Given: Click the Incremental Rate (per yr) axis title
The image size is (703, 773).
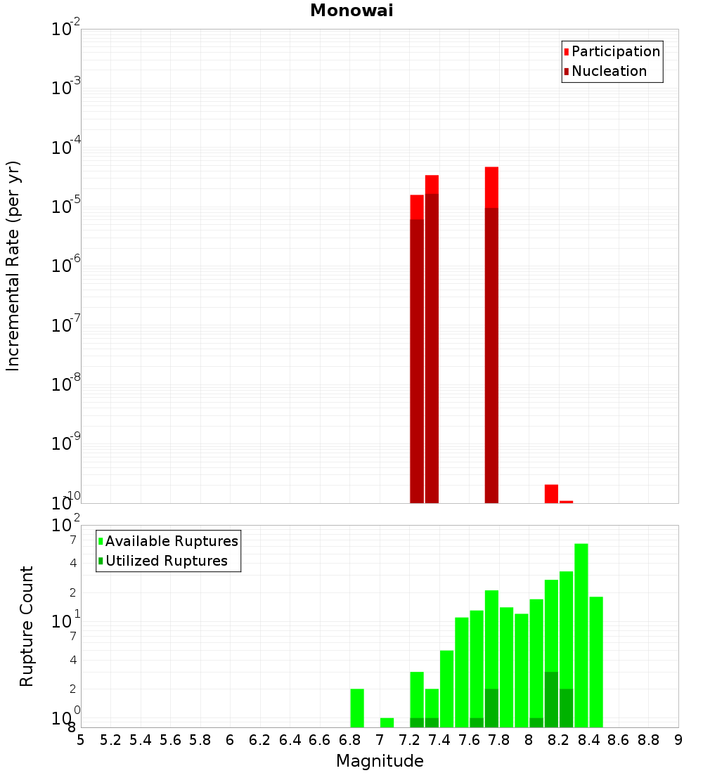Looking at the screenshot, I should point(13,266).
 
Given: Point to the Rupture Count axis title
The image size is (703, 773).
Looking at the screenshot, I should point(27,626).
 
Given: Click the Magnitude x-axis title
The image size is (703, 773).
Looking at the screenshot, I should point(380,761).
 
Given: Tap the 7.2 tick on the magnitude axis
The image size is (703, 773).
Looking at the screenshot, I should point(409,740).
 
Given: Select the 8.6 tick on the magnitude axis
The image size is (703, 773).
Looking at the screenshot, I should point(619,740).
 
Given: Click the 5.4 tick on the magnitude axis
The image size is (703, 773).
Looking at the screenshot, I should point(140,740).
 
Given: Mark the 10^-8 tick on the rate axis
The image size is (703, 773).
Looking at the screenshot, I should point(66,384).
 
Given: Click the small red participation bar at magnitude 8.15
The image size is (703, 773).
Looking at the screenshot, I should point(551,493).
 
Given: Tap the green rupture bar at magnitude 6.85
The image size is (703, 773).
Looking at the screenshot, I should point(357,708).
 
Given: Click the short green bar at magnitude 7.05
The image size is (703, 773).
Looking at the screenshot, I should point(387,722).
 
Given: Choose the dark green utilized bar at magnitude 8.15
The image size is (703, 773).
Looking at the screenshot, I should point(551,699).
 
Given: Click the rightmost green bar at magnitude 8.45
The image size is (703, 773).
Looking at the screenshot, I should point(596,661).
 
